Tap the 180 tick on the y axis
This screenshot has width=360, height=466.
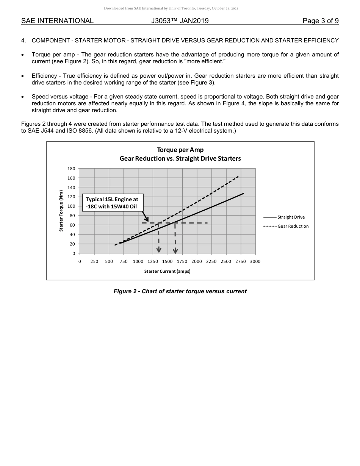pyautogui.click(x=72, y=169)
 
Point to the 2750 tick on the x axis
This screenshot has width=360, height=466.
pyautogui.click(x=241, y=261)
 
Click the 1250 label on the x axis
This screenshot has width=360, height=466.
pyautogui.click(x=153, y=261)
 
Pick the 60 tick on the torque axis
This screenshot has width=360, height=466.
pyautogui.click(x=72, y=225)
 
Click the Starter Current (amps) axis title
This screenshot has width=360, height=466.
pyautogui.click(x=167, y=271)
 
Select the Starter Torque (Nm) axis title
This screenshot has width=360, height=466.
pyautogui.click(x=61, y=211)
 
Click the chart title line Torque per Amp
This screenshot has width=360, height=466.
pyautogui.click(x=180, y=150)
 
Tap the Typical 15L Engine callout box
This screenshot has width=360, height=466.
pyautogui.click(x=112, y=203)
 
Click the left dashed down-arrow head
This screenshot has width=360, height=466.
pyautogui.click(x=159, y=250)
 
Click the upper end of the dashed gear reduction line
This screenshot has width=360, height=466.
pyautogui.click(x=238, y=176)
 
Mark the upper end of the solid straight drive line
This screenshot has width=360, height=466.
pyautogui.click(x=244, y=193)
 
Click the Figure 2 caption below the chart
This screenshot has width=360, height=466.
pyautogui.click(x=180, y=291)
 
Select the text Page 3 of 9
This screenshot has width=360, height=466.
pyautogui.click(x=320, y=21)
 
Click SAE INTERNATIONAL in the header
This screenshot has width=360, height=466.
pyautogui.click(x=57, y=21)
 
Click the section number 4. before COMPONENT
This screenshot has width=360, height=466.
pyautogui.click(x=23, y=41)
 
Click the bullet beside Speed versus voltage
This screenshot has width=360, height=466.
pyautogui.click(x=23, y=97)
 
